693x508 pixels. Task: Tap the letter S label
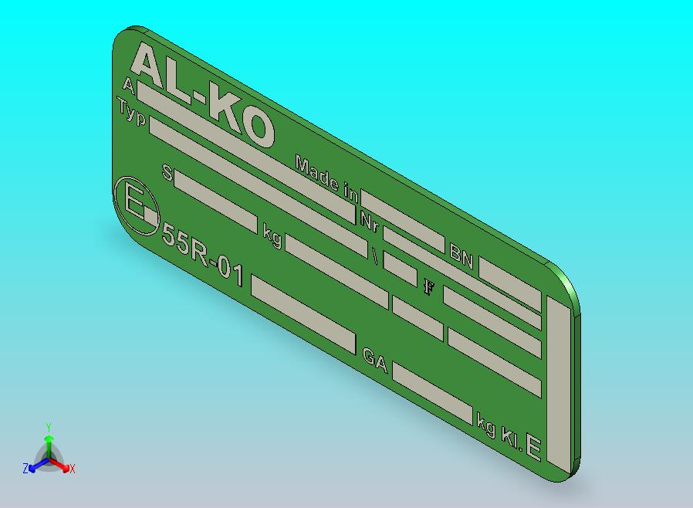click(167, 173)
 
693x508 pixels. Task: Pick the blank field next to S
click(215, 202)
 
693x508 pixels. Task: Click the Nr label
click(369, 219)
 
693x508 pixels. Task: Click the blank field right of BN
click(509, 284)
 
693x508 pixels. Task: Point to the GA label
click(374, 358)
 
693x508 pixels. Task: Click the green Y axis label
click(49, 427)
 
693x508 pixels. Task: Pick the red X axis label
click(72, 469)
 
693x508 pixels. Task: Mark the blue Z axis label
click(25, 468)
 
